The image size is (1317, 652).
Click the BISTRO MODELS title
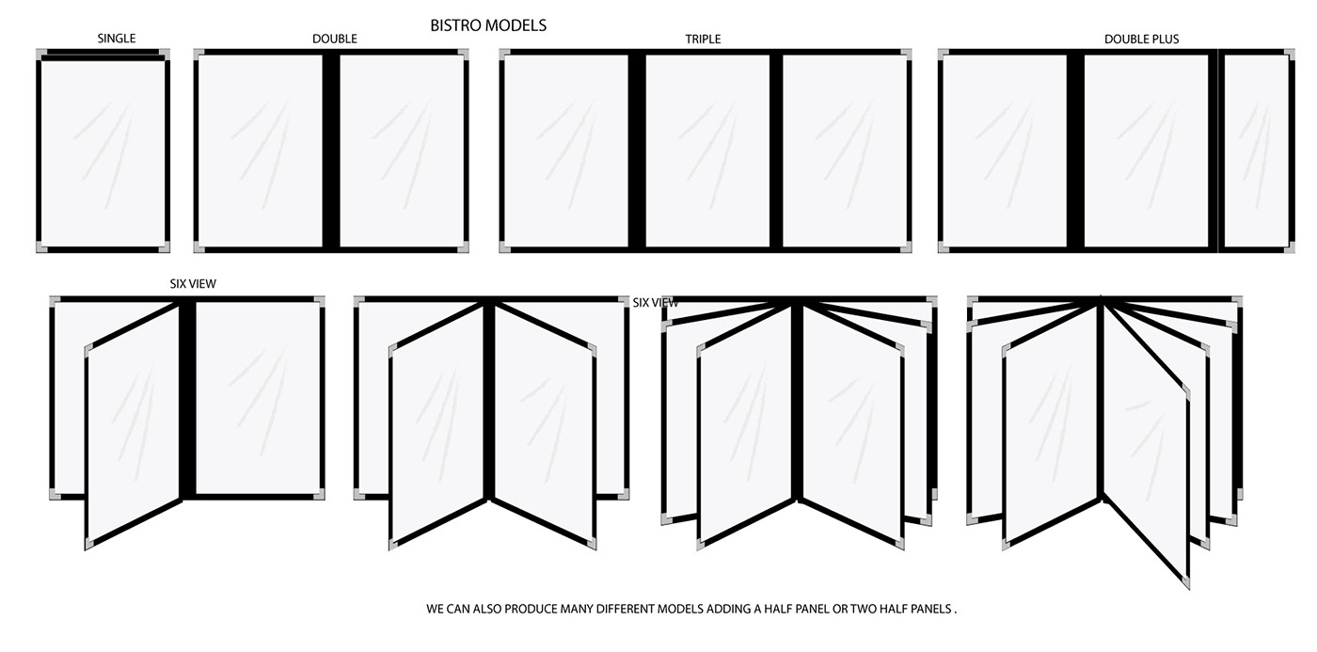point(488,25)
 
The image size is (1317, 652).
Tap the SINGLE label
point(117,39)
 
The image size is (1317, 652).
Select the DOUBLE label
point(335,39)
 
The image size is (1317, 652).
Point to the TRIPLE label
point(703,39)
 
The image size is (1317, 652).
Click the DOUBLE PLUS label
point(1141,39)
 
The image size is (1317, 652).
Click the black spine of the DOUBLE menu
point(331,151)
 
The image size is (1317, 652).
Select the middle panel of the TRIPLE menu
point(707,151)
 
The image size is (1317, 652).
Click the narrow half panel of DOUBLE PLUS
point(1256,151)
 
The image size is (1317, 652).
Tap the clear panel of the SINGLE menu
point(103,151)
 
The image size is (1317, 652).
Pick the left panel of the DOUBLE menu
point(261,151)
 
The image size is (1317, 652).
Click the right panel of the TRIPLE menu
point(845,151)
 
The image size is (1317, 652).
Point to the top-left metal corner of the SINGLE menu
point(41,55)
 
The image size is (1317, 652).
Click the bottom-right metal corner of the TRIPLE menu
point(906,246)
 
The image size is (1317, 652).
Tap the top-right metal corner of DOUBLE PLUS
point(1289,55)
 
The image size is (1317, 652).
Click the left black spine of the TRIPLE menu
point(637,151)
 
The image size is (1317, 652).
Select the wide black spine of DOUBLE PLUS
point(1075,151)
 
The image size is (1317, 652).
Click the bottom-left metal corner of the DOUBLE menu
point(199,246)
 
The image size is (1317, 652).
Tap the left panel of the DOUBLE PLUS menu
point(1005,151)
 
